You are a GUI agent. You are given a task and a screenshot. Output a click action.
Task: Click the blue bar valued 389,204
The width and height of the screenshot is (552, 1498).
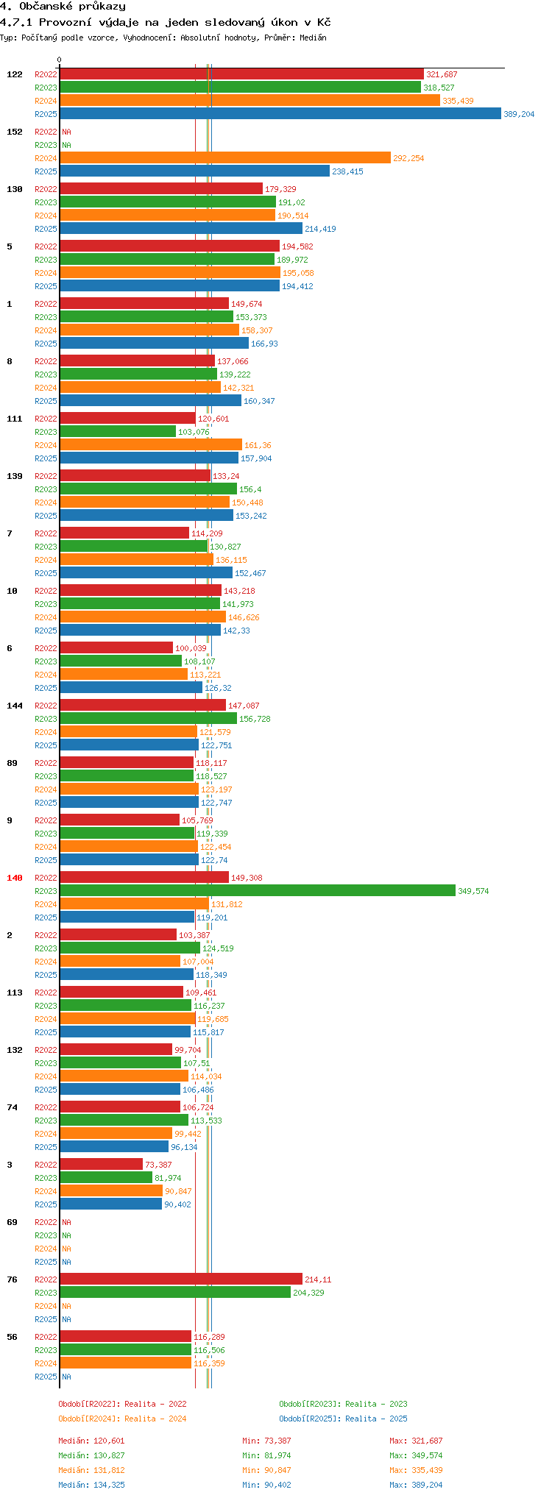point(280,114)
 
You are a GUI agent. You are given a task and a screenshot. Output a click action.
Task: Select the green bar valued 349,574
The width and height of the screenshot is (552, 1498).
point(258,891)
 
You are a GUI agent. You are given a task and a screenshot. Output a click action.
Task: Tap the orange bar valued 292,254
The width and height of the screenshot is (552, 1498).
point(224,158)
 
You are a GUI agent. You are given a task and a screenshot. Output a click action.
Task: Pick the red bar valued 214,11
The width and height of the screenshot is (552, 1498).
point(180,1279)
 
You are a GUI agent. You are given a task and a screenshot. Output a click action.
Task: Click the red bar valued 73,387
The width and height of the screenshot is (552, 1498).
point(101,1165)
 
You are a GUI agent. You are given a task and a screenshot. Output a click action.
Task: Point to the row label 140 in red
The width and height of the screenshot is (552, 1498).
point(15,878)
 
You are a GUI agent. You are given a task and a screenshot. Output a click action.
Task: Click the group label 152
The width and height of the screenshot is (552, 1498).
point(15,132)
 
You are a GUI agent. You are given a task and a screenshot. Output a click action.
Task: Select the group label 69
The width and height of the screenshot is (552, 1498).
point(12,1222)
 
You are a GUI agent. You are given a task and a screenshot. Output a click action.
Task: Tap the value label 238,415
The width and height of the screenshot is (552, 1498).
point(347,171)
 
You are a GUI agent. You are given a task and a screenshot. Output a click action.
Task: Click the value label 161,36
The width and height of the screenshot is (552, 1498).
point(258,445)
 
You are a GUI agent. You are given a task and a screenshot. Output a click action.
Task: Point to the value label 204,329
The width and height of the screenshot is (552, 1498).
point(308,1293)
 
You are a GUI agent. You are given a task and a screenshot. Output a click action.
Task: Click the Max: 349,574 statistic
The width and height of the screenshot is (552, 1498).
point(416,1455)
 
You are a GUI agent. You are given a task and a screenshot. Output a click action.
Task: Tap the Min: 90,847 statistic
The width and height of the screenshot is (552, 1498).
point(269,1470)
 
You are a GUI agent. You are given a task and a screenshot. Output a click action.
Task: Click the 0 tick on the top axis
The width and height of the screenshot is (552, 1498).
point(60,60)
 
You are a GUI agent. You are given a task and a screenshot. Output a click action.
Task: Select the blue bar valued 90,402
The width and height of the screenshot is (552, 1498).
point(110,1204)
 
